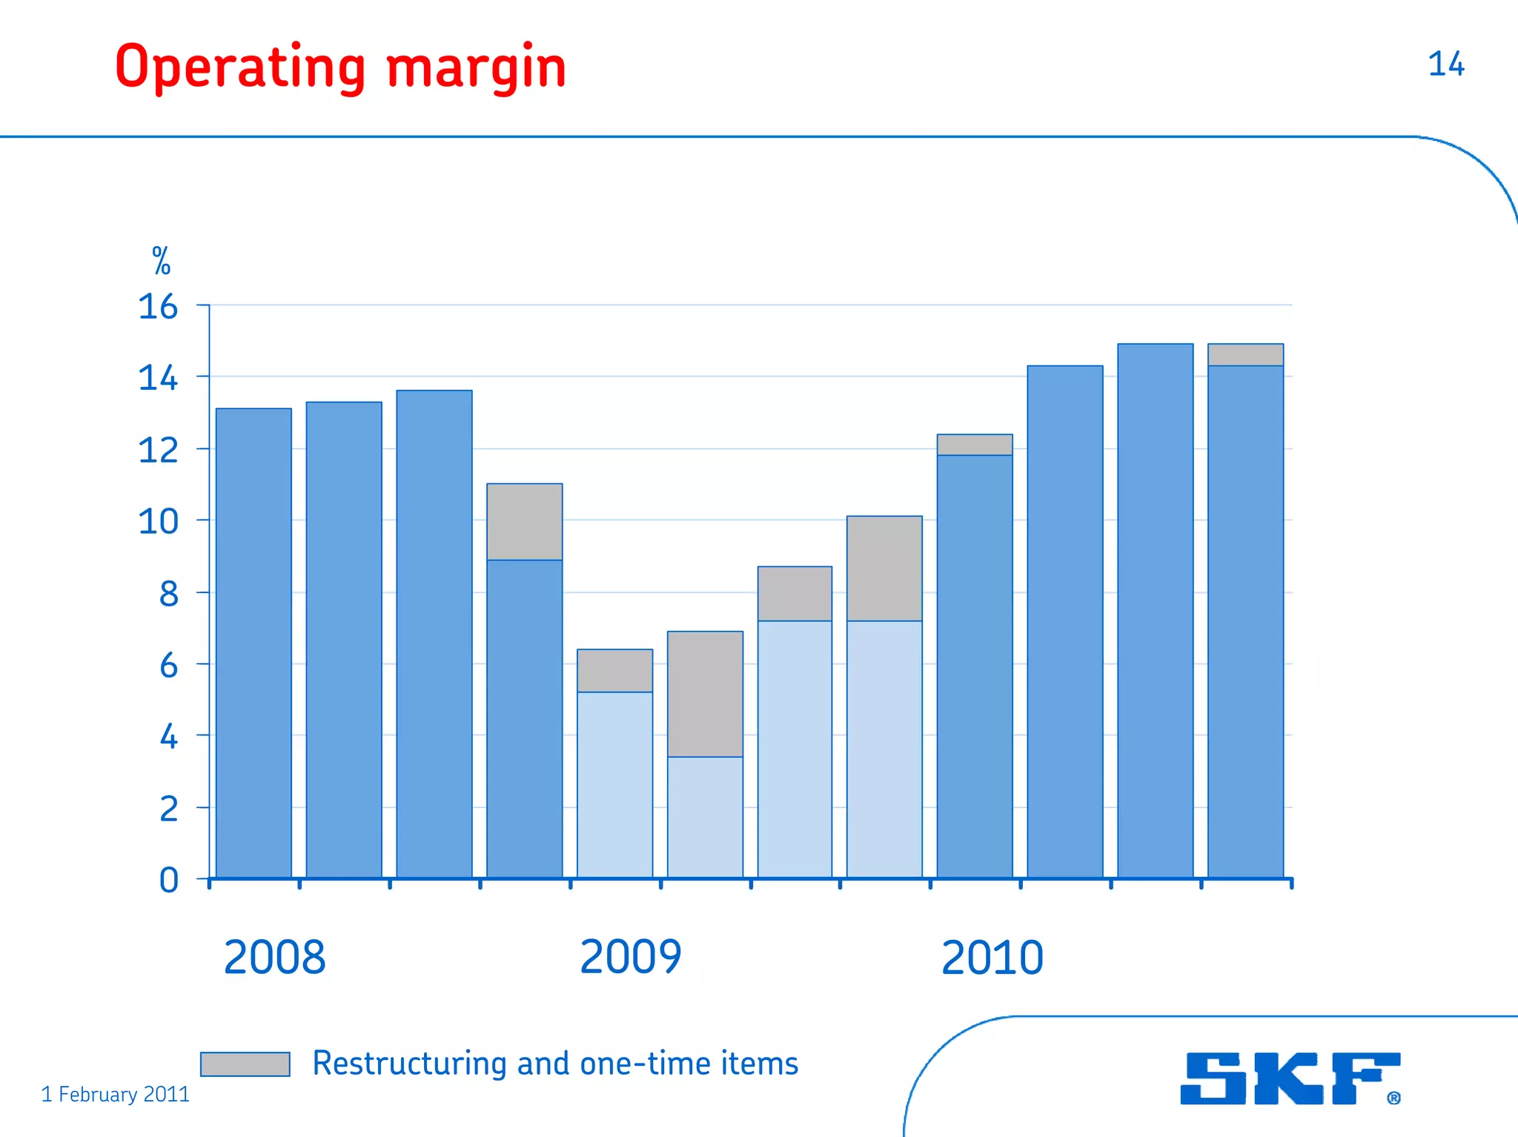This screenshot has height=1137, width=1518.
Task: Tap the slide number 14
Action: point(1445,64)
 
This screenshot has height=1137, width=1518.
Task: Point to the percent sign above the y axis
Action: point(161,261)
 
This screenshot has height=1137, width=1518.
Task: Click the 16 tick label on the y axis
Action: point(158,307)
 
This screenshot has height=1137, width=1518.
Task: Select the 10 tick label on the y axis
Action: point(158,522)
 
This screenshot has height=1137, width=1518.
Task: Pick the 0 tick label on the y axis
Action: point(169,881)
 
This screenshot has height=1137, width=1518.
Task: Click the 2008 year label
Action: point(274,957)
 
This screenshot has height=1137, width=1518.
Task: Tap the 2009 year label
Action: point(630,957)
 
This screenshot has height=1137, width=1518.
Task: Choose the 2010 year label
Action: point(992,957)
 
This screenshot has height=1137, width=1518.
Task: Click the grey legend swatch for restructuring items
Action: point(245,1064)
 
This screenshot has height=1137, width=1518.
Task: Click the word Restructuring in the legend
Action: point(410,1064)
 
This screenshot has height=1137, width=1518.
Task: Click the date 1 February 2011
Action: point(115,1095)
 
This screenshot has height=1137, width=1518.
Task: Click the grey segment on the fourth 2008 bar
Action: point(524,522)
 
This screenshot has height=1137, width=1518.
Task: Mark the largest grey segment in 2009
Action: point(705,694)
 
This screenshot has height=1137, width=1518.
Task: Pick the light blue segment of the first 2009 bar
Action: point(614,784)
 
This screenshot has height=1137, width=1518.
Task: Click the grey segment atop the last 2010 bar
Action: point(1245,355)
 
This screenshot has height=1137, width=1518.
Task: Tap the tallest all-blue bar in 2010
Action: point(1155,611)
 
